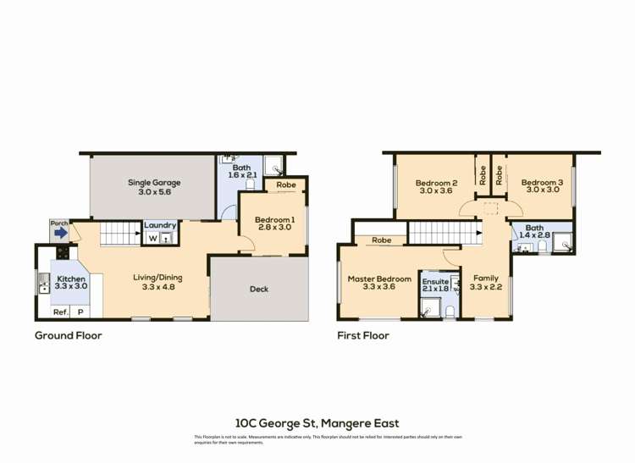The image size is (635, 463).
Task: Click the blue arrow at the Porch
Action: tap(59, 236)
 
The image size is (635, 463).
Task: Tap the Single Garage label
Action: tap(154, 187)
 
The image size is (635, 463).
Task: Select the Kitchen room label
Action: tap(72, 282)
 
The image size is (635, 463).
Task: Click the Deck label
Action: tap(259, 289)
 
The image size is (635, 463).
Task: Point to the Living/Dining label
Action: tap(157, 282)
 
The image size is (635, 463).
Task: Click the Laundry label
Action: tap(160, 225)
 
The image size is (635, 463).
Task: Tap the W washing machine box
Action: tap(153, 239)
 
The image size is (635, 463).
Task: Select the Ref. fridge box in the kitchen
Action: tap(60, 312)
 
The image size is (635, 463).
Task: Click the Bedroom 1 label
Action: tap(274, 225)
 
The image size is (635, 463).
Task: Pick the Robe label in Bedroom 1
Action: tap(285, 184)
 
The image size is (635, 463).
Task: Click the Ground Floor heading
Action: tap(68, 336)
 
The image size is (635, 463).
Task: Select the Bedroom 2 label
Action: tap(436, 187)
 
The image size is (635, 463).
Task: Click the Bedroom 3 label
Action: tap(542, 187)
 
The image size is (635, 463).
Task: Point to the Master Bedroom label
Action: tap(379, 284)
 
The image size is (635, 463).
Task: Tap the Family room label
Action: tap(486, 282)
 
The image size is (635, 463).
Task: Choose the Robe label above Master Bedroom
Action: tap(382, 240)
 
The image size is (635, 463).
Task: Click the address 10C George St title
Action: tap(317, 423)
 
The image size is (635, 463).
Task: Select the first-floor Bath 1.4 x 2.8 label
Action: tap(534, 231)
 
